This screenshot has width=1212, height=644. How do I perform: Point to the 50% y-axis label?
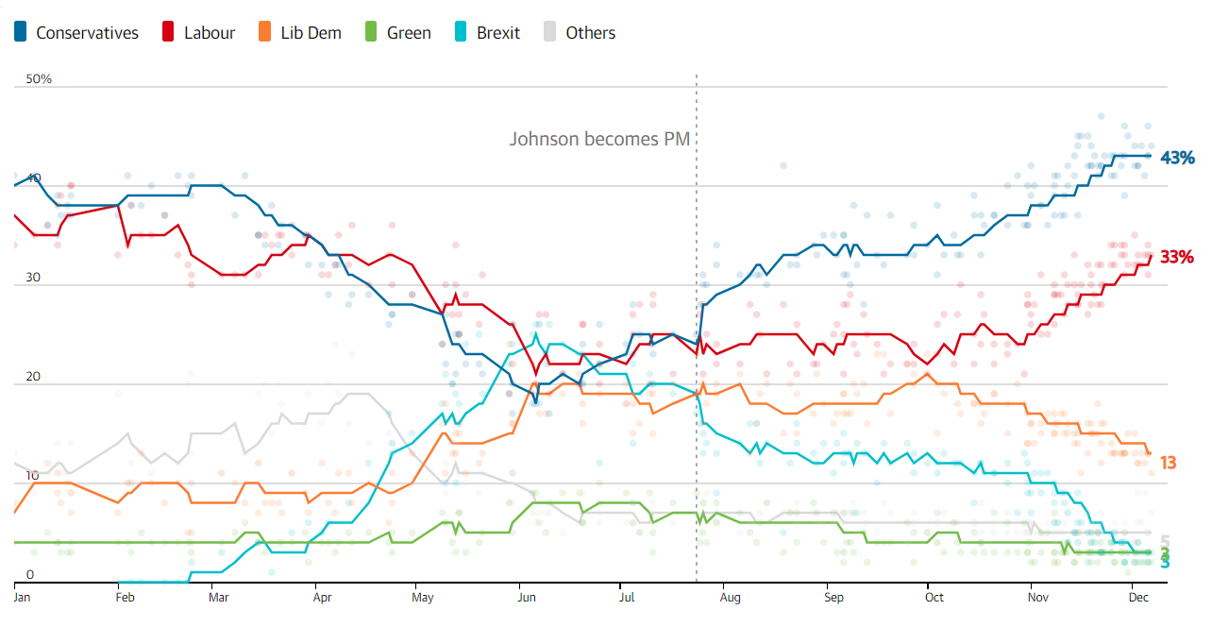coord(39,79)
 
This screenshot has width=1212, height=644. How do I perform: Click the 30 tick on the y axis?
coord(34,278)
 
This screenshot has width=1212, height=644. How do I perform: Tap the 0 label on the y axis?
coord(29,575)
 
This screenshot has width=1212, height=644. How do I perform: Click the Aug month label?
coord(729,597)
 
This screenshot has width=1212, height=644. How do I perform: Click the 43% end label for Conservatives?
coord(1177,158)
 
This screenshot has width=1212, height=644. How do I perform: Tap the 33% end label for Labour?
coord(1177,257)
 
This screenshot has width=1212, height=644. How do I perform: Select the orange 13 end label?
coord(1168,463)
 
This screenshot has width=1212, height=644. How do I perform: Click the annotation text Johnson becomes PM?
coord(599,139)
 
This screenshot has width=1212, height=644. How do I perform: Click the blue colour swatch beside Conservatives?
coord(21,33)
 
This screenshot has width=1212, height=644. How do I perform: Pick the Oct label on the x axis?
coord(934,597)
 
